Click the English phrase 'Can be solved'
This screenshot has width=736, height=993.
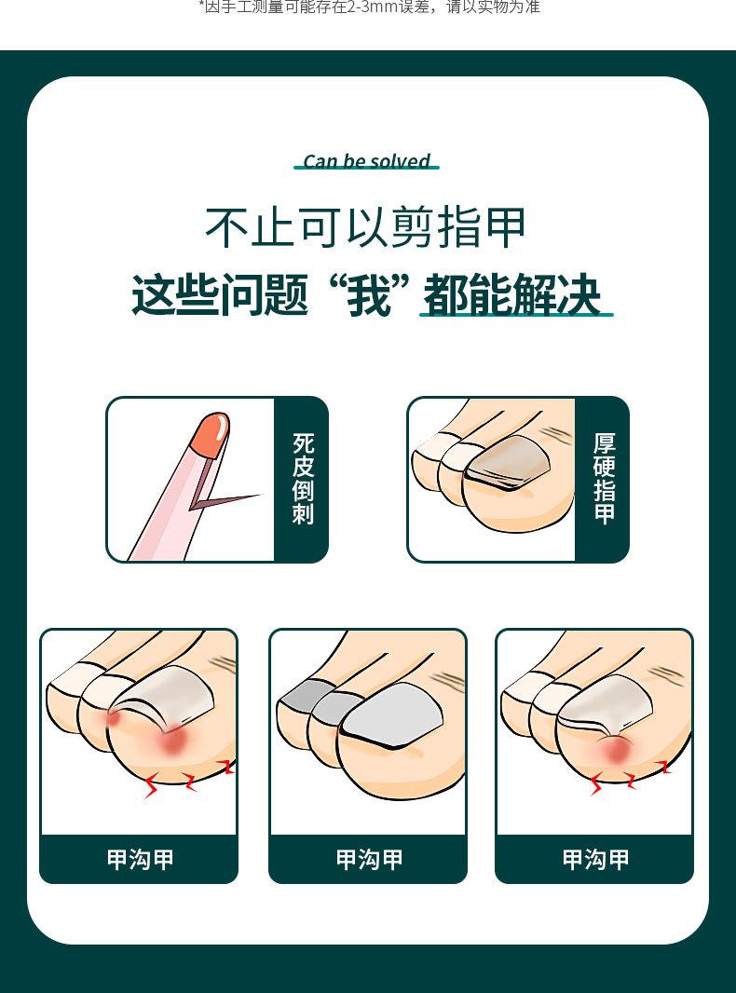(x=367, y=161)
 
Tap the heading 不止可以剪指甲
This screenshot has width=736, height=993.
(x=366, y=227)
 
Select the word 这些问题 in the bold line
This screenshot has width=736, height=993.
(x=220, y=295)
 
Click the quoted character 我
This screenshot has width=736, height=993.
(x=368, y=295)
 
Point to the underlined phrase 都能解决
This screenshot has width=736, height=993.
(x=511, y=295)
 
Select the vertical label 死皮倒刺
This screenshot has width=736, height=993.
(x=303, y=479)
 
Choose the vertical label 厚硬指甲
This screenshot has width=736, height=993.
(x=604, y=479)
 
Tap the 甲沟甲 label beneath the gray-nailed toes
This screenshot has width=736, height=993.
(x=369, y=859)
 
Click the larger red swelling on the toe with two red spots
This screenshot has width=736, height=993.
(x=172, y=741)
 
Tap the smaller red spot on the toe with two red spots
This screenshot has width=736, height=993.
(x=114, y=718)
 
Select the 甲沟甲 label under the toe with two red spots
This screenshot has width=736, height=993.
(x=140, y=859)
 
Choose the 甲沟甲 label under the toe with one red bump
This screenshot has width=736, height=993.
(x=595, y=859)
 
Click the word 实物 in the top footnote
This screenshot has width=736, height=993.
(x=497, y=7)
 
